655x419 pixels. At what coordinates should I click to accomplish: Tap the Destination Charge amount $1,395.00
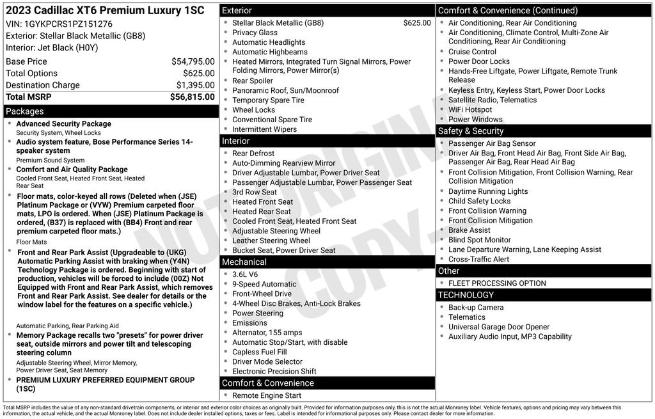[x=195, y=85]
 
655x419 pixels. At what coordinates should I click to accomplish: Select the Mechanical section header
[x=244, y=262]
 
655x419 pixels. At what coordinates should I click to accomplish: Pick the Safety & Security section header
[x=471, y=130]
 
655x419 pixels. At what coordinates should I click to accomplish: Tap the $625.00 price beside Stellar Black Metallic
[x=417, y=23]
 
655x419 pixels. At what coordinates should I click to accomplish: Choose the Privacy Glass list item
[x=255, y=33]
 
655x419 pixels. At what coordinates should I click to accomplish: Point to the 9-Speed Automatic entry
[x=264, y=284]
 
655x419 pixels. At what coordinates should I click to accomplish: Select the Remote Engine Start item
[x=267, y=395]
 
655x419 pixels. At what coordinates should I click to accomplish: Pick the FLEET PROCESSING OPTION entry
[x=497, y=283]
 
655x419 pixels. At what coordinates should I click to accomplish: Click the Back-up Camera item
[x=476, y=307]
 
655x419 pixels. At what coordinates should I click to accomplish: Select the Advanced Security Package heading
[x=63, y=124]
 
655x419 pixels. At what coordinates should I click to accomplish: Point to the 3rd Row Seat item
[x=255, y=192]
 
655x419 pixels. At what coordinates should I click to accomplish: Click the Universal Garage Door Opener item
[x=499, y=327]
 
